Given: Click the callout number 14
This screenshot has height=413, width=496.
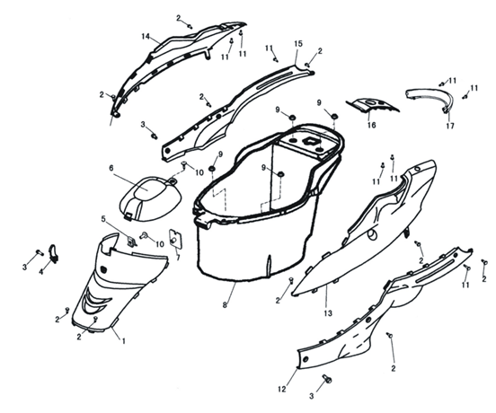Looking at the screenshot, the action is pyautogui.click(x=146, y=37).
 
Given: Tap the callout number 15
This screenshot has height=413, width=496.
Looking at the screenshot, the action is pyautogui.click(x=298, y=44).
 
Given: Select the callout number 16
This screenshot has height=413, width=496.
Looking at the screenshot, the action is pyautogui.click(x=372, y=125).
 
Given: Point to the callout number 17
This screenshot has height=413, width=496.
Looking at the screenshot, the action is pyautogui.click(x=450, y=126).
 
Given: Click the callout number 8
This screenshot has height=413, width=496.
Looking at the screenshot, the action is pyautogui.click(x=225, y=305).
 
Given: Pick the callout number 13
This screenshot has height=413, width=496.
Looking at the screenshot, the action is pyautogui.click(x=328, y=313).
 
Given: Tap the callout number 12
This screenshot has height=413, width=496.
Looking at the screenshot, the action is pyautogui.click(x=282, y=389).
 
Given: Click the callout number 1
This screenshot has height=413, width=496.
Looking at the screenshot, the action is pyautogui.click(x=124, y=341).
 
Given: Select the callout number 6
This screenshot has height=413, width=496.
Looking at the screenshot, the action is pyautogui.click(x=111, y=168).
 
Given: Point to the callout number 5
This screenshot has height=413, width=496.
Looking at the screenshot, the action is pyautogui.click(x=102, y=219).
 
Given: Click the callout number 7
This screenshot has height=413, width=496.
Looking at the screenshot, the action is pyautogui.click(x=178, y=258).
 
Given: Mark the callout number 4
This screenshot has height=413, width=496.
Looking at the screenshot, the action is pyautogui.click(x=41, y=271).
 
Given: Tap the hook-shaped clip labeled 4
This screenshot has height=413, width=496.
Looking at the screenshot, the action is pyautogui.click(x=53, y=253).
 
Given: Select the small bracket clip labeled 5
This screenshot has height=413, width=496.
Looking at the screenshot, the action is pyautogui.click(x=131, y=242).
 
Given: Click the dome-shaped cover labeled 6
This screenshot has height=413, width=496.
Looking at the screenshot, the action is pyautogui.click(x=150, y=198).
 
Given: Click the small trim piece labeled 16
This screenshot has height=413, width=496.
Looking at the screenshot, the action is pyautogui.click(x=372, y=105).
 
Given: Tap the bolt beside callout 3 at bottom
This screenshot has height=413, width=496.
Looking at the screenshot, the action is pyautogui.click(x=327, y=379).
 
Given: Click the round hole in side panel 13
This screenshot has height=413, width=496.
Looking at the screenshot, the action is pyautogui.click(x=372, y=234).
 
